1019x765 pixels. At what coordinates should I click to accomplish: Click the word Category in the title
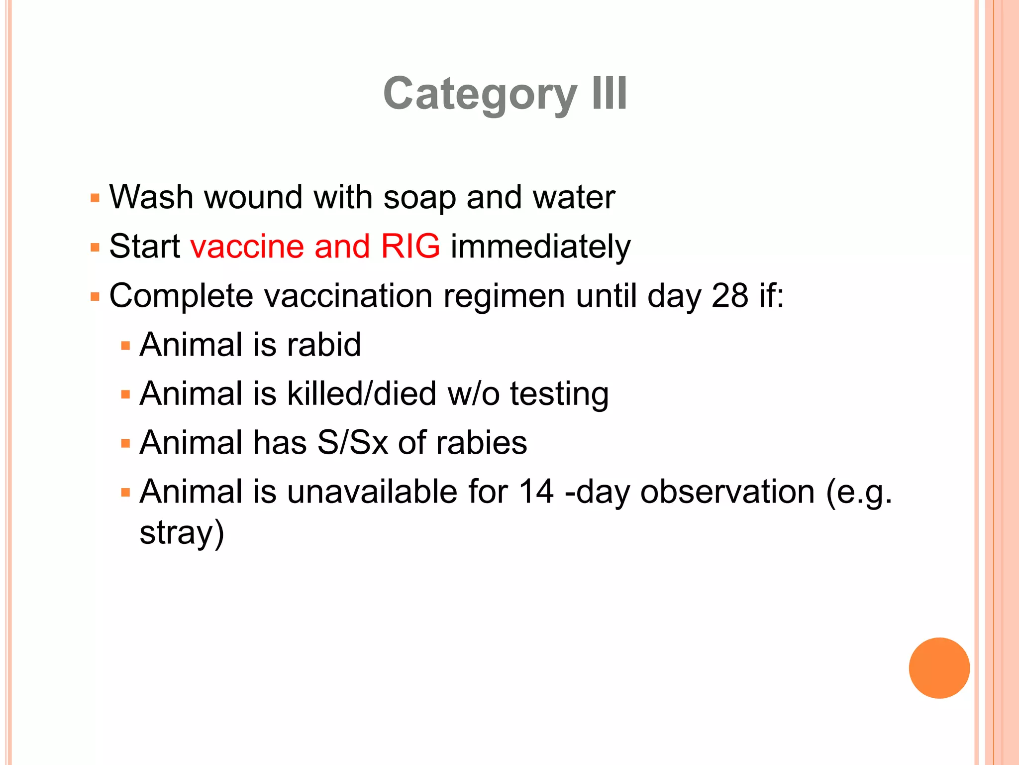480,95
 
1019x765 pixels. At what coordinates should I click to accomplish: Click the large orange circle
939,668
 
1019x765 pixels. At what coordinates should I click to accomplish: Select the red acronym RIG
410,246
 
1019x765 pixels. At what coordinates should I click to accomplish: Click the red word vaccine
247,246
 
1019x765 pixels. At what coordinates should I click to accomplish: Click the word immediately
540,247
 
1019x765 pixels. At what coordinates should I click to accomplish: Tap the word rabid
324,344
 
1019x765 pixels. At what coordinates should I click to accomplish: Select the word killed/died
362,393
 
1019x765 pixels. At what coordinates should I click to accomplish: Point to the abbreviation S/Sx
352,442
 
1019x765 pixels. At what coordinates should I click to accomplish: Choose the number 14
536,492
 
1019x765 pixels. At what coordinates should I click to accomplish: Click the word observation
727,492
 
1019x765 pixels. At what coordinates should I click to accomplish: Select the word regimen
504,296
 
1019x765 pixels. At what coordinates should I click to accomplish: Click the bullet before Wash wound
95,198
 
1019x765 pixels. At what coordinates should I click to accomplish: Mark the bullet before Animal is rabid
125,345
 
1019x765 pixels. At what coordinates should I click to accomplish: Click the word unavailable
372,492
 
